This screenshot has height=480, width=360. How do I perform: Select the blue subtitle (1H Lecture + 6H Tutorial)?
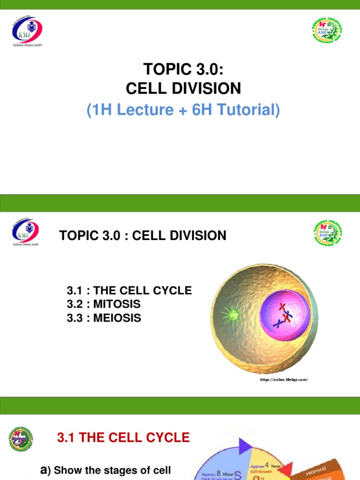pos(183,110)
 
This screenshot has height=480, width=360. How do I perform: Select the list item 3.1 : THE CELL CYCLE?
pos(129,291)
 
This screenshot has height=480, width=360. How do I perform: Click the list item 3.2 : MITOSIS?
pos(104,304)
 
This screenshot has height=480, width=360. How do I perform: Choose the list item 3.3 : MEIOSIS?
pos(104,318)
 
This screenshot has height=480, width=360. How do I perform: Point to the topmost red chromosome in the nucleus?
pos(282,307)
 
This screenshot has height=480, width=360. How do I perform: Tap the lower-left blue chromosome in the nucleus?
pos(278,323)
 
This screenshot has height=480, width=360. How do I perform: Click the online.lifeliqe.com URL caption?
pos(284,380)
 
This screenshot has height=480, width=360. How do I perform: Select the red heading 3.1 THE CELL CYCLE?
pos(123,438)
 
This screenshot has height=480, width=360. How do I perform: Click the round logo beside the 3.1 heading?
pos(21,440)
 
